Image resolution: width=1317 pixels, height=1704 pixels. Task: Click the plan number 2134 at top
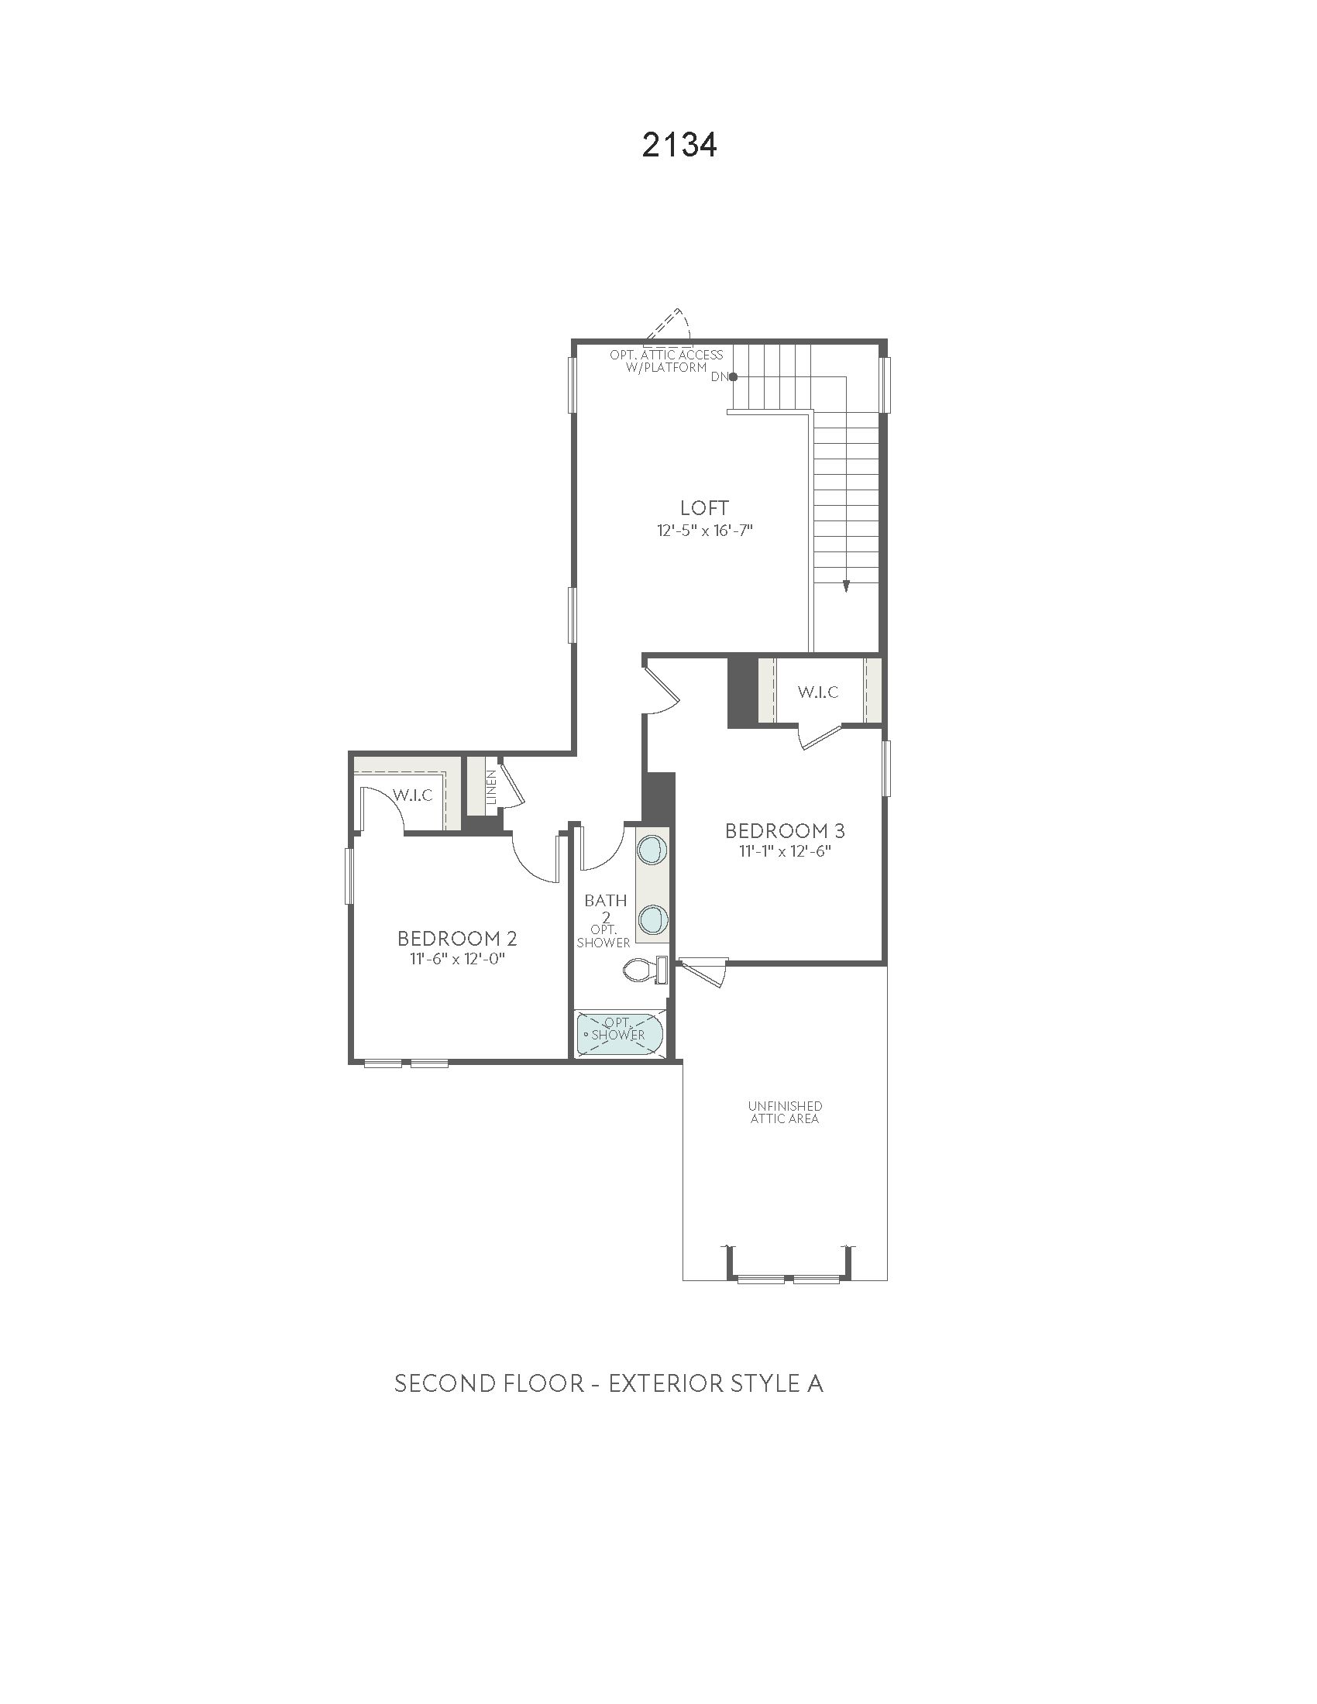(679, 144)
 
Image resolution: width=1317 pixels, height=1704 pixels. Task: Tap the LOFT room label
(704, 508)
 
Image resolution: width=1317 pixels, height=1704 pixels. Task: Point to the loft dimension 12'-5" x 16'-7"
(704, 531)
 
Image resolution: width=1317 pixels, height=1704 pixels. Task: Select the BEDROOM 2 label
(457, 938)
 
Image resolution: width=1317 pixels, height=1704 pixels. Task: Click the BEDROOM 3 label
(785, 830)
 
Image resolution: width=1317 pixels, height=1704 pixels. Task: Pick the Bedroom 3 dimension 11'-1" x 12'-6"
(785, 851)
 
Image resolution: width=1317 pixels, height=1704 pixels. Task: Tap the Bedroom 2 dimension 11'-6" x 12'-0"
(458, 959)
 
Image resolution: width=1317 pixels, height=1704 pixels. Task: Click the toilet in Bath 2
(645, 971)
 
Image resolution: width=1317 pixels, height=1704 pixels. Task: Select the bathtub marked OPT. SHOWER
(619, 1034)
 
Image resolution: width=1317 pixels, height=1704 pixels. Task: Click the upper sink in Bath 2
(652, 849)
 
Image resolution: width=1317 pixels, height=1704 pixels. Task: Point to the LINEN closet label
(490, 788)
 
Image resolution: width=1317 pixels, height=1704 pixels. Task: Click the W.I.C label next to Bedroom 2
(413, 795)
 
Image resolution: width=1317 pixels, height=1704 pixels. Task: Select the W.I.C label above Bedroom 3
(817, 691)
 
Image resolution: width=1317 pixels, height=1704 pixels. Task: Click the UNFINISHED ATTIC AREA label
(785, 1111)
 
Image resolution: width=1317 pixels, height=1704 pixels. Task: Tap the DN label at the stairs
(720, 377)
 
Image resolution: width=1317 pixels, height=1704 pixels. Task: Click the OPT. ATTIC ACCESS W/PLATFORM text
(666, 360)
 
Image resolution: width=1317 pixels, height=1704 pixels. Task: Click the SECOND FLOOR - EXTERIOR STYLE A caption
(609, 1383)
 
